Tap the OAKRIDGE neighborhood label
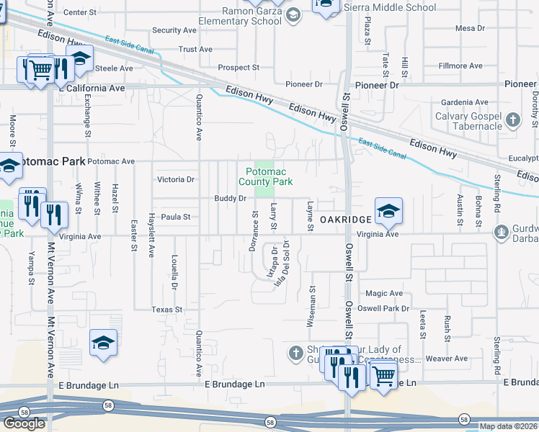(x=346, y=218)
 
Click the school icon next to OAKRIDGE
(x=388, y=210)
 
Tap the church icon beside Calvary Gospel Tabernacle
(x=512, y=120)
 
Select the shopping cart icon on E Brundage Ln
(x=383, y=374)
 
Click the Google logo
(x=24, y=423)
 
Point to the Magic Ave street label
(x=384, y=294)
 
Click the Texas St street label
(x=166, y=309)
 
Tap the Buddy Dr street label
(x=231, y=198)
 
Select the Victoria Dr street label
(x=176, y=179)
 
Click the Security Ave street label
(x=174, y=30)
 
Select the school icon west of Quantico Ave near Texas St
(x=103, y=343)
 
